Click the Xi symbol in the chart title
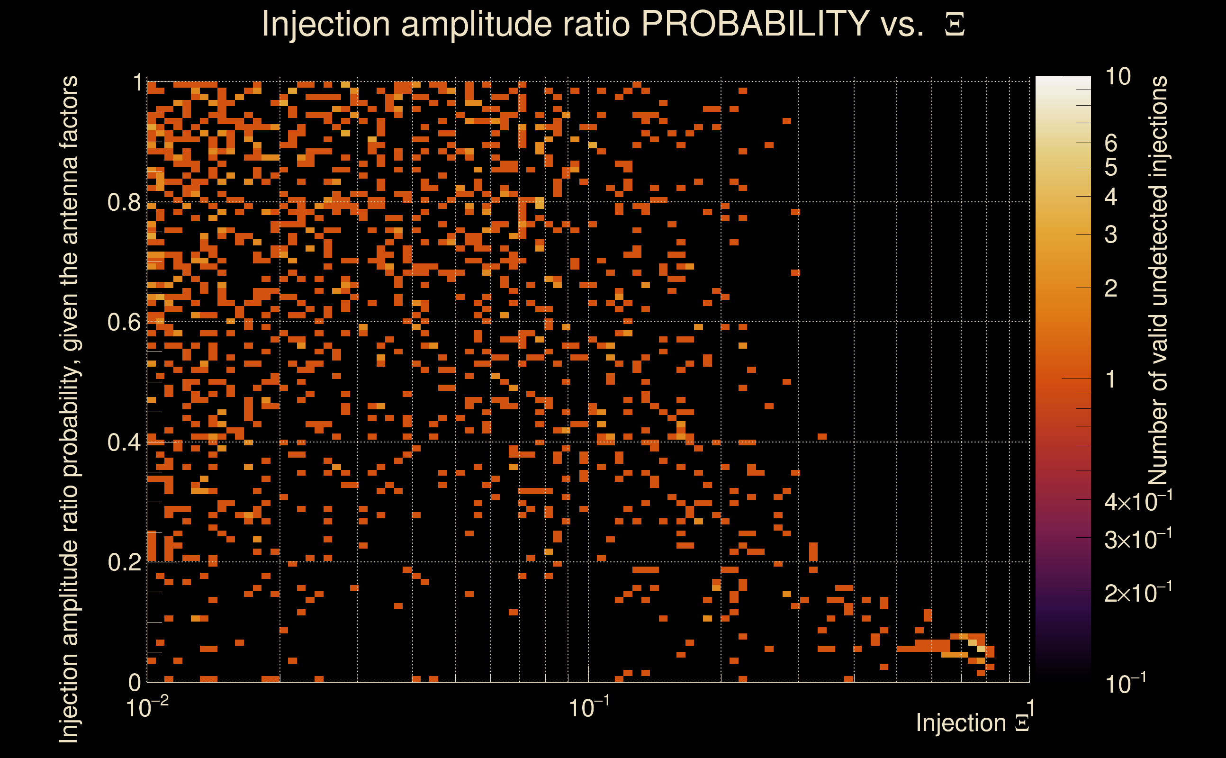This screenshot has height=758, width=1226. [x=955, y=25]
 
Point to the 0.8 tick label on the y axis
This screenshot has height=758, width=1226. [x=124, y=203]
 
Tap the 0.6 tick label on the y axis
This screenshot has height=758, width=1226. [x=124, y=322]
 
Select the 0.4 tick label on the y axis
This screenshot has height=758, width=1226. [x=124, y=442]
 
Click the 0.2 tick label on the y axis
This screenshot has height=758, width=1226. [x=124, y=562]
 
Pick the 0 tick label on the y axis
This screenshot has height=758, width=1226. [x=135, y=683]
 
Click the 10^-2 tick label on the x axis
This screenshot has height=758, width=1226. [x=147, y=708]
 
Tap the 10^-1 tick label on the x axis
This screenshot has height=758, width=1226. [x=589, y=708]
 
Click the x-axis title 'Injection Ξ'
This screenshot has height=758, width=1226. [x=973, y=723]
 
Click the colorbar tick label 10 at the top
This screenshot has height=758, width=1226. [x=1118, y=77]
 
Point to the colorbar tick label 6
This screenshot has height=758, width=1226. [x=1111, y=144]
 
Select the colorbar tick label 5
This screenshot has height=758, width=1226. [x=1111, y=167]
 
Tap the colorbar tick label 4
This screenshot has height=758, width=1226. [x=1111, y=197]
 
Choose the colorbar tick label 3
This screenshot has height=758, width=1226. [x=1111, y=235]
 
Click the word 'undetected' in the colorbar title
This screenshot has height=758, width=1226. [x=1158, y=246]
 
